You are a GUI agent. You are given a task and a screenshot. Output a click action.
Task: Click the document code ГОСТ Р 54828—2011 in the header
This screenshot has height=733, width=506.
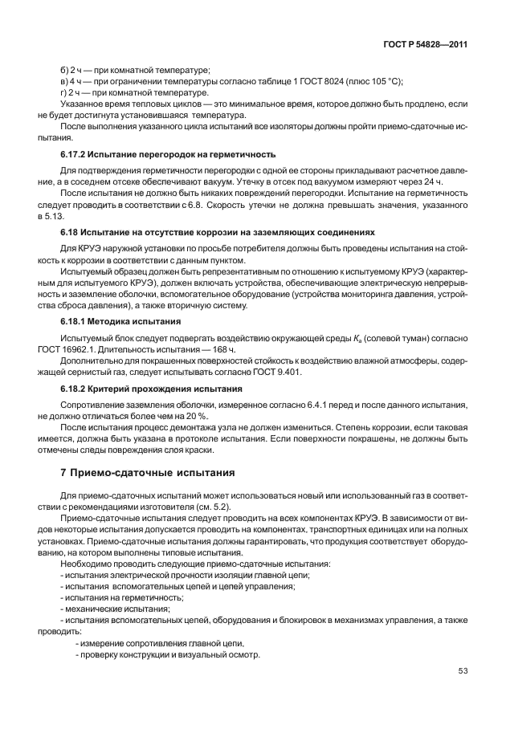click(x=426, y=44)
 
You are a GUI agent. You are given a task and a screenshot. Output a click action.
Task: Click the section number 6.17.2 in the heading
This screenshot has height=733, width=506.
click(x=78, y=153)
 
